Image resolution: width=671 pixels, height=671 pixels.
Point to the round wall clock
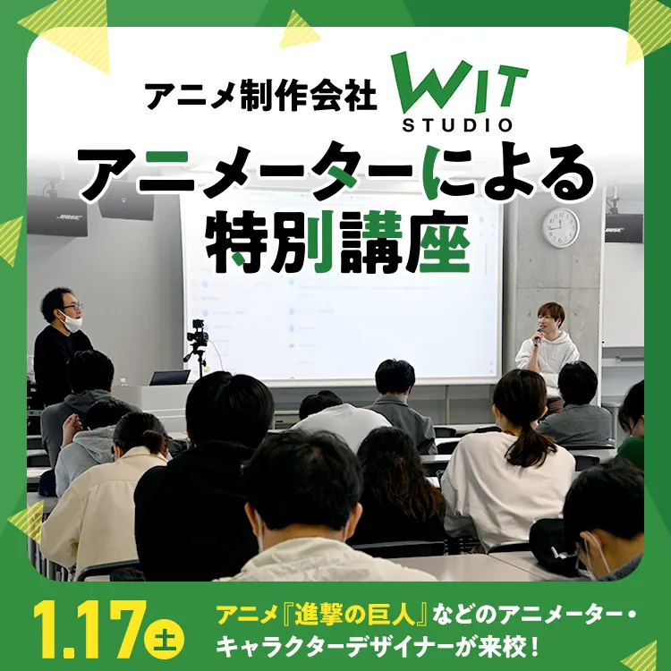[560, 227]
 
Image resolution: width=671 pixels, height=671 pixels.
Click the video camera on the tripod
[198, 336]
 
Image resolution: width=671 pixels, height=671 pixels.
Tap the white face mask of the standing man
[71, 321]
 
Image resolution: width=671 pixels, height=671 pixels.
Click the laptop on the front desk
[169, 378]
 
